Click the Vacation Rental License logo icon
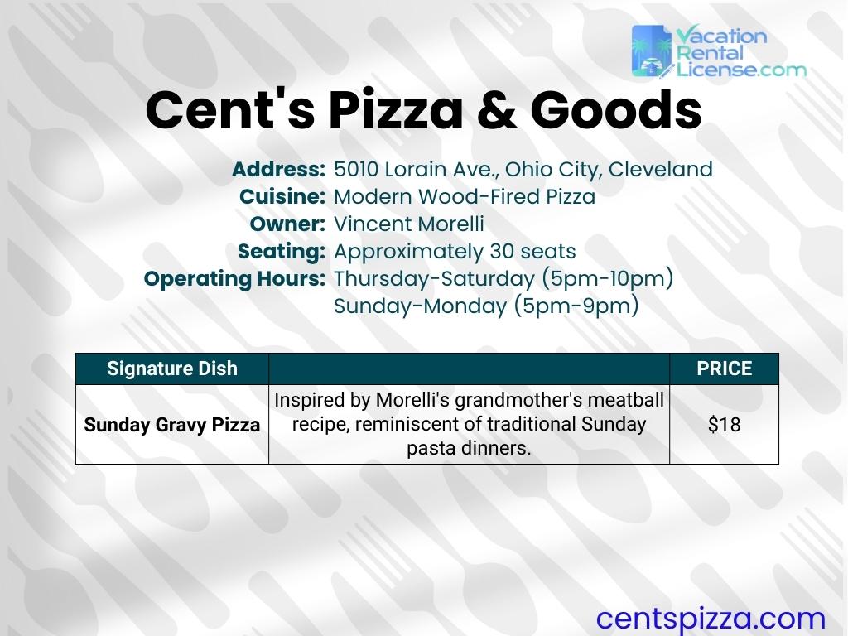[x=652, y=51]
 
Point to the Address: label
[x=278, y=170]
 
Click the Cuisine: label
[x=282, y=197]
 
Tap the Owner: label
[x=287, y=224]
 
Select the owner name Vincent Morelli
[x=408, y=224]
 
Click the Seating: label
[x=282, y=251]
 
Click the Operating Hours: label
[x=234, y=278]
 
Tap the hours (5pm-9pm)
[x=576, y=306]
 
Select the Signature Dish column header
[x=172, y=369]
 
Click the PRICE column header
[x=724, y=369]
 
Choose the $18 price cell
[x=724, y=425]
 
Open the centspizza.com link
[x=711, y=618]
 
